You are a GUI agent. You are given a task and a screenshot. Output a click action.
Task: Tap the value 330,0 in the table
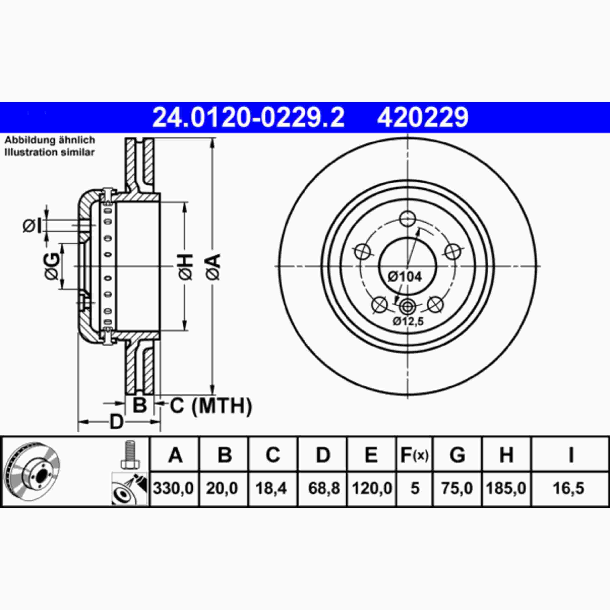(173, 488)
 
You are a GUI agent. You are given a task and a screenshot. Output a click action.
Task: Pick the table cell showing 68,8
(324, 488)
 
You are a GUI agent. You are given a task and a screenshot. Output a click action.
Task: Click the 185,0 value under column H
(506, 488)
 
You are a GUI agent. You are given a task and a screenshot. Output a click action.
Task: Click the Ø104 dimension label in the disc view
(405, 277)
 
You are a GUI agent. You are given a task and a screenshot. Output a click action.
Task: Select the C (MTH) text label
(211, 406)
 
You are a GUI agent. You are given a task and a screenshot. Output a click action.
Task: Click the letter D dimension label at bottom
(116, 422)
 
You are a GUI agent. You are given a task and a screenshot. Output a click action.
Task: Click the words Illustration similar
(50, 152)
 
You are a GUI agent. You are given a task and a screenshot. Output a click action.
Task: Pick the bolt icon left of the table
(130, 454)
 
